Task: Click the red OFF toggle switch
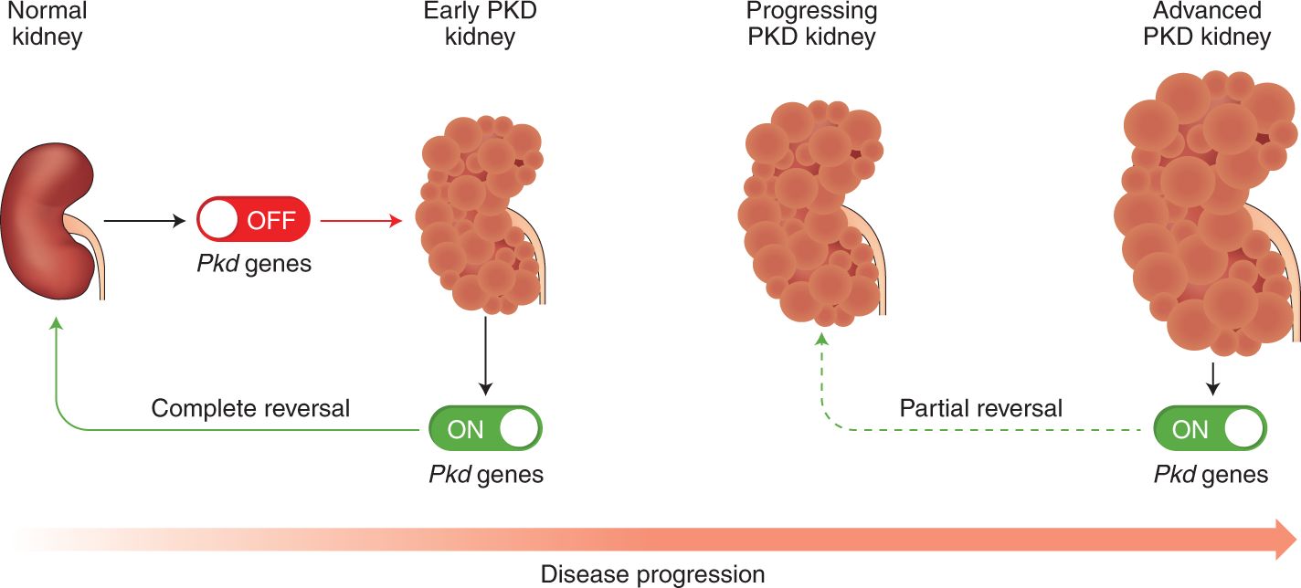tap(254, 221)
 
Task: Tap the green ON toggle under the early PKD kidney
tap(485, 429)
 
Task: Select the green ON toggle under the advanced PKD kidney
tap(1210, 429)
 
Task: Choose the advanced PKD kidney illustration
tap(1201, 215)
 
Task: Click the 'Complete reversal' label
tap(250, 408)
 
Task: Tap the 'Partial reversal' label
tap(981, 408)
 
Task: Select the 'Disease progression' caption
tap(652, 574)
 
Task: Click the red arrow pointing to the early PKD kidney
tap(362, 221)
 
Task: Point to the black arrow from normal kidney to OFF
tap(145, 221)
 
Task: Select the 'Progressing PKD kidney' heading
tap(811, 25)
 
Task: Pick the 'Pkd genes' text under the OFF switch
tap(254, 266)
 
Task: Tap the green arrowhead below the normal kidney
tap(57, 324)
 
